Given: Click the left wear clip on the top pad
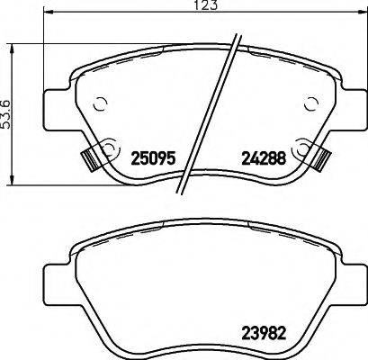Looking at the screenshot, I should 89,158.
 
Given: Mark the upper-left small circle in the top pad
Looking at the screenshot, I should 102,103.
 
